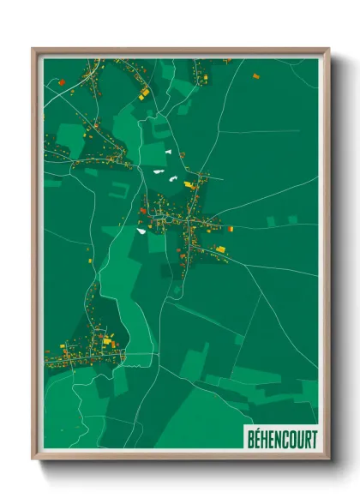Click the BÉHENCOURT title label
click(280, 435)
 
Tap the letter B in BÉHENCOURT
click(249, 435)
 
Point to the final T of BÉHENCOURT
click(312, 435)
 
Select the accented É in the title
click(256, 435)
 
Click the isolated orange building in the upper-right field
click(255, 76)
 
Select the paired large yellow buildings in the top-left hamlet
click(144, 91)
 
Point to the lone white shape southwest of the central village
click(141, 230)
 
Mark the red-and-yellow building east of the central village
click(230, 229)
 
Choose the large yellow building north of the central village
click(189, 183)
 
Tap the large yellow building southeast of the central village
click(219, 249)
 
